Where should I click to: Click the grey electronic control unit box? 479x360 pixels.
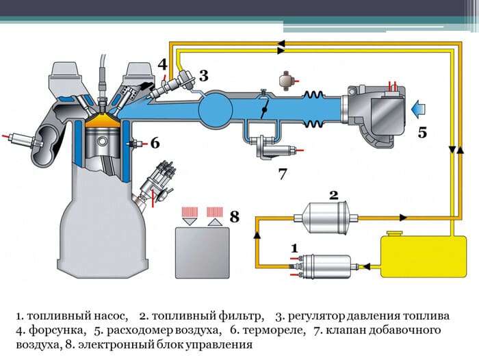click(x=203, y=249)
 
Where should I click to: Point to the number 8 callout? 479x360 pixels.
click(x=235, y=217)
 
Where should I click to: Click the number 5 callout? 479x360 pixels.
click(x=422, y=133)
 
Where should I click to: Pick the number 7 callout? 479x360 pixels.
click(x=282, y=174)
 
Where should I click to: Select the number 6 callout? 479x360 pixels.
click(x=155, y=143)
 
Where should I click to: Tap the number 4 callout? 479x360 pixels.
click(x=162, y=64)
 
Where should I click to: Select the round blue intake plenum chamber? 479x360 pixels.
click(x=220, y=108)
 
